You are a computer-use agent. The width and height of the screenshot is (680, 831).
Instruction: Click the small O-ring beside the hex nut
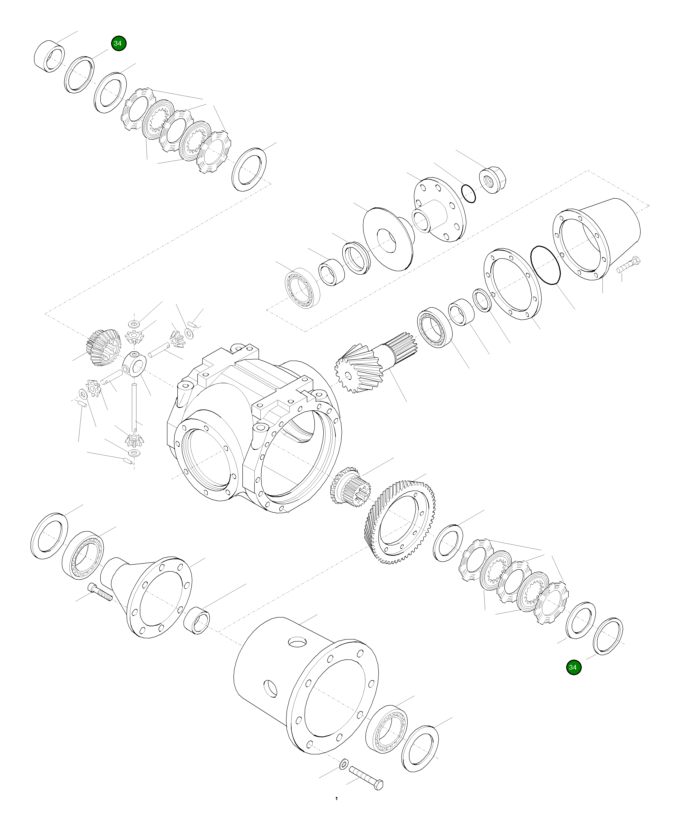pyautogui.click(x=469, y=193)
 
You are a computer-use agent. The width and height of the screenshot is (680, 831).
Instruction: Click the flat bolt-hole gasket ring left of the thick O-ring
pyautogui.click(x=512, y=284)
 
